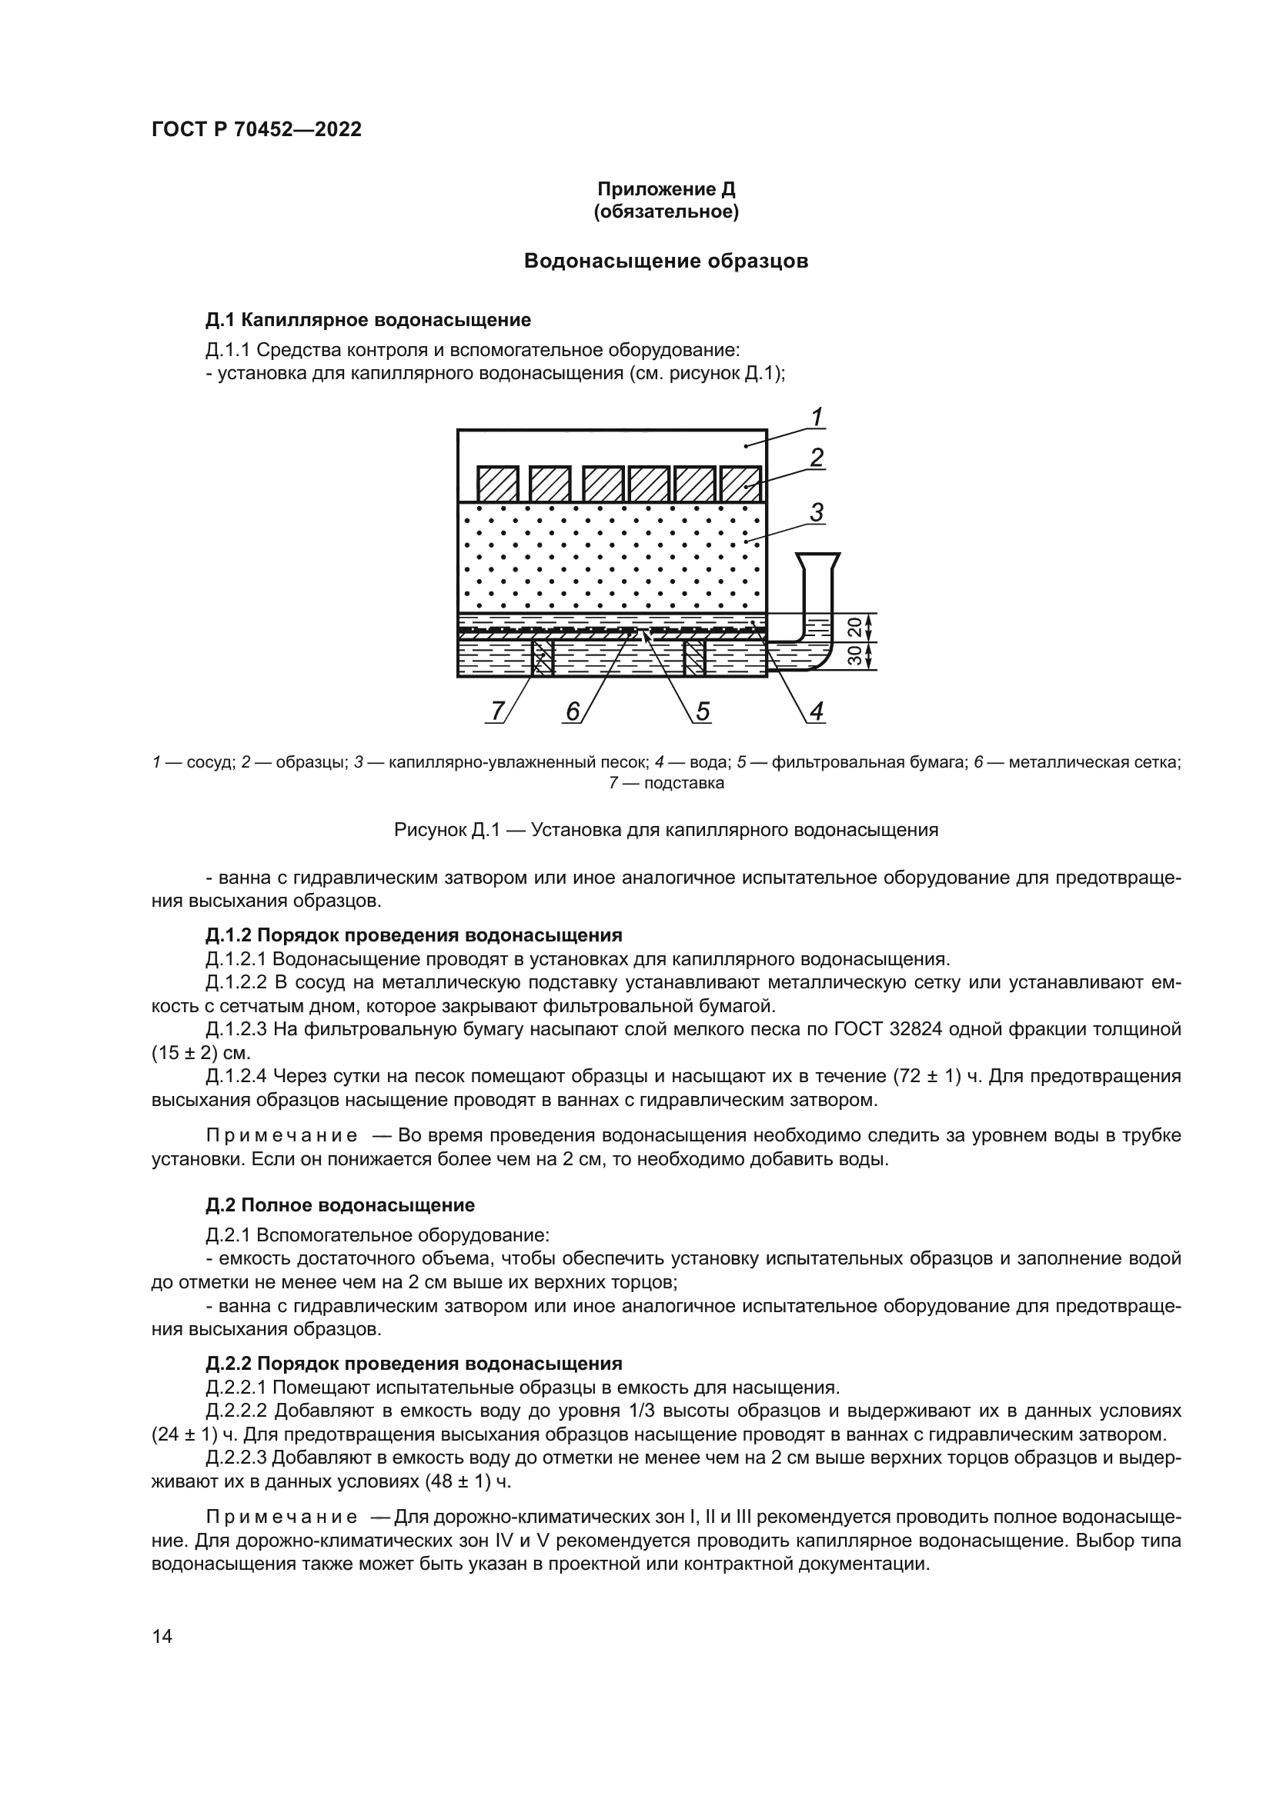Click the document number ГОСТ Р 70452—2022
pos(256,130)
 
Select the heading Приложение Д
pos(667,189)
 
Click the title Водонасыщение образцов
pos(666,261)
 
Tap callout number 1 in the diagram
pos(816,417)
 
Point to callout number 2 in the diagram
pos(816,458)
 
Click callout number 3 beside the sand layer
pos(816,513)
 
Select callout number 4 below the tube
pos(816,711)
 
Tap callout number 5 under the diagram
pos(703,711)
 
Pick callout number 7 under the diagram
pos(497,711)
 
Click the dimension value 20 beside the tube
pos(855,627)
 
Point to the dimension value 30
pos(855,656)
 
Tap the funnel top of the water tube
pos(817,561)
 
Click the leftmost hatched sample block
pos(498,485)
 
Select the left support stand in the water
pos(542,658)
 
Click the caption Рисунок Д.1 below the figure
pos(666,830)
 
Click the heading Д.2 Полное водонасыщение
pos(340,1204)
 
